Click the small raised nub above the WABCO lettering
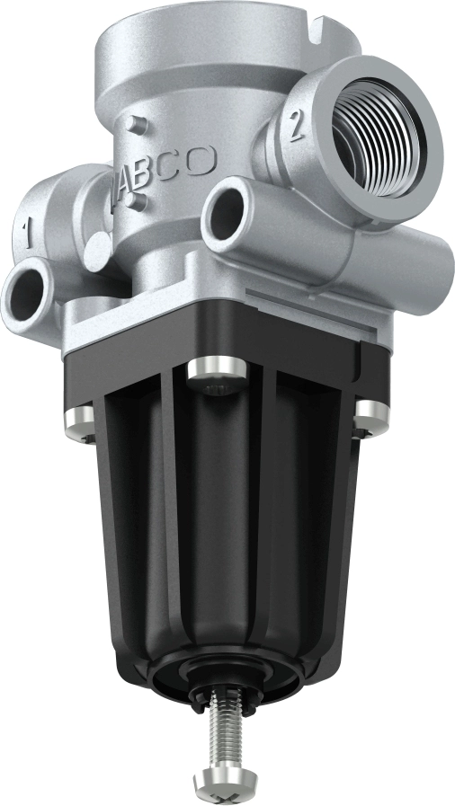(134, 123)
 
